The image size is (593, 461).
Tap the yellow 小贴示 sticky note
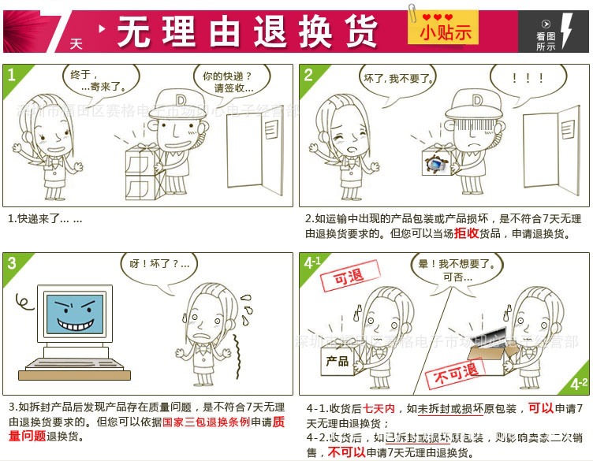tap(445, 29)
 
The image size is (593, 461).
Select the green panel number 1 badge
tap(12, 75)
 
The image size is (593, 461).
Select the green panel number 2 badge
tap(308, 75)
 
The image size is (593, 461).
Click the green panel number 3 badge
tap(12, 263)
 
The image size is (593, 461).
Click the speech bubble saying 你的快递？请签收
tap(226, 82)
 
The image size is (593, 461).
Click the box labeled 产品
tap(338, 362)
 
